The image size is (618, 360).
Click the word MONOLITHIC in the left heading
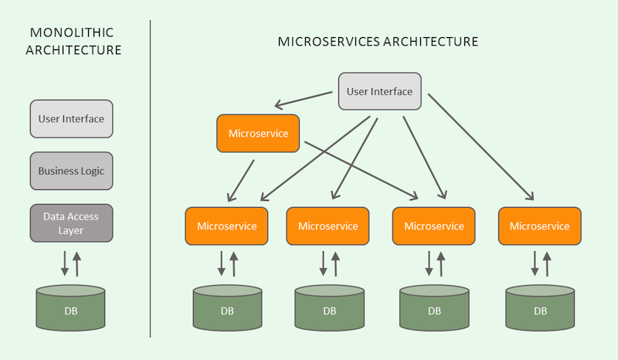pyautogui.click(x=72, y=33)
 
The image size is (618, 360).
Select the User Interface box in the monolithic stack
pyautogui.click(x=71, y=119)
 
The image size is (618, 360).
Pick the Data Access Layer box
pyautogui.click(x=71, y=223)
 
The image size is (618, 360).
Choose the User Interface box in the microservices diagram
pyautogui.click(x=379, y=91)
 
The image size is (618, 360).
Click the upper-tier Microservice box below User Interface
pyautogui.click(x=257, y=133)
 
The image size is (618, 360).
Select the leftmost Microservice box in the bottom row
pyautogui.click(x=226, y=226)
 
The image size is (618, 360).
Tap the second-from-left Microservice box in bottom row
pyautogui.click(x=328, y=226)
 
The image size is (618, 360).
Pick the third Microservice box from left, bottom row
pyautogui.click(x=433, y=226)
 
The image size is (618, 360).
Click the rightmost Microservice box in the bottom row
pyautogui.click(x=538, y=226)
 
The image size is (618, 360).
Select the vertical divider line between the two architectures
pyautogui.click(x=149, y=178)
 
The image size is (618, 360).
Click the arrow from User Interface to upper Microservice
pyautogui.click(x=305, y=99)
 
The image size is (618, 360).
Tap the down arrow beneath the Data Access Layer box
pyautogui.click(x=66, y=263)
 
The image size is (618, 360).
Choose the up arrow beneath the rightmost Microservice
pyautogui.click(x=547, y=263)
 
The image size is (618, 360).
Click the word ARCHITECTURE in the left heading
pyautogui.click(x=73, y=50)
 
